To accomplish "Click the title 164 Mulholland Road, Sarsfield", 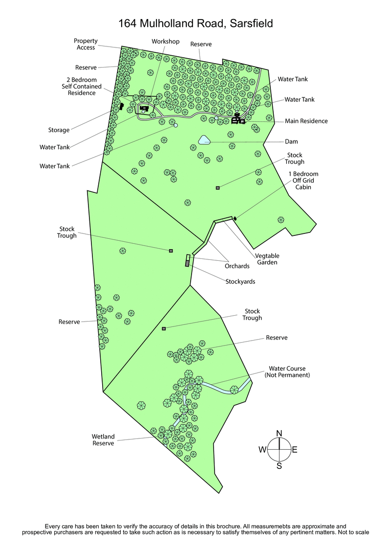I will pyautogui.click(x=195, y=23).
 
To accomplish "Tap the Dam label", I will pyautogui.click(x=291, y=142).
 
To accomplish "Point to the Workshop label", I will pyautogui.click(x=166, y=41).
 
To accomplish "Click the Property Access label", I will pyautogui.click(x=86, y=44).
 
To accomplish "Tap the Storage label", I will pyautogui.click(x=59, y=130).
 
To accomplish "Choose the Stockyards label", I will pyautogui.click(x=240, y=281).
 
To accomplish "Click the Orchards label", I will pyautogui.click(x=237, y=266).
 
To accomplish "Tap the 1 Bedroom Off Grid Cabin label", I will pyautogui.click(x=303, y=180).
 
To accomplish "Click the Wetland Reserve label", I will pyautogui.click(x=103, y=439).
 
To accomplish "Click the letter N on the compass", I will pyautogui.click(x=279, y=433).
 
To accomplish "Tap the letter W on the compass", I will pyautogui.click(x=262, y=450).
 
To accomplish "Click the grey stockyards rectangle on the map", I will pyautogui.click(x=187, y=263).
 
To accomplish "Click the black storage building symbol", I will pyautogui.click(x=121, y=106).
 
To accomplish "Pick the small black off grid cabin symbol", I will pyautogui.click(x=235, y=218).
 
